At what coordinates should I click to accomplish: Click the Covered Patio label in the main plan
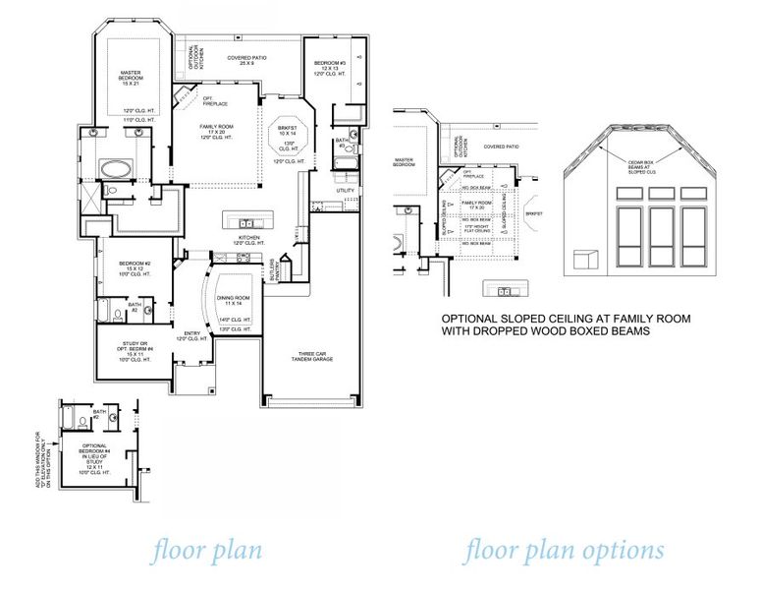pos(245,60)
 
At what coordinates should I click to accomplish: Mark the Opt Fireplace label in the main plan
pos(208,100)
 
